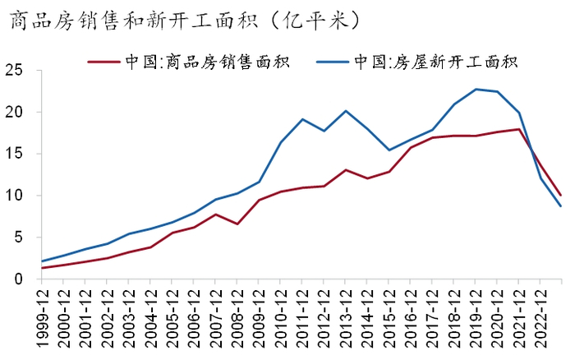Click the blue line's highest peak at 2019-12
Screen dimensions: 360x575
coord(475,89)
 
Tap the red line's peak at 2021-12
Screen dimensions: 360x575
coord(518,129)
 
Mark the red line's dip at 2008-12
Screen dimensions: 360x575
coord(237,224)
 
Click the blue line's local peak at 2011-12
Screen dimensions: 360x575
coord(302,119)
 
